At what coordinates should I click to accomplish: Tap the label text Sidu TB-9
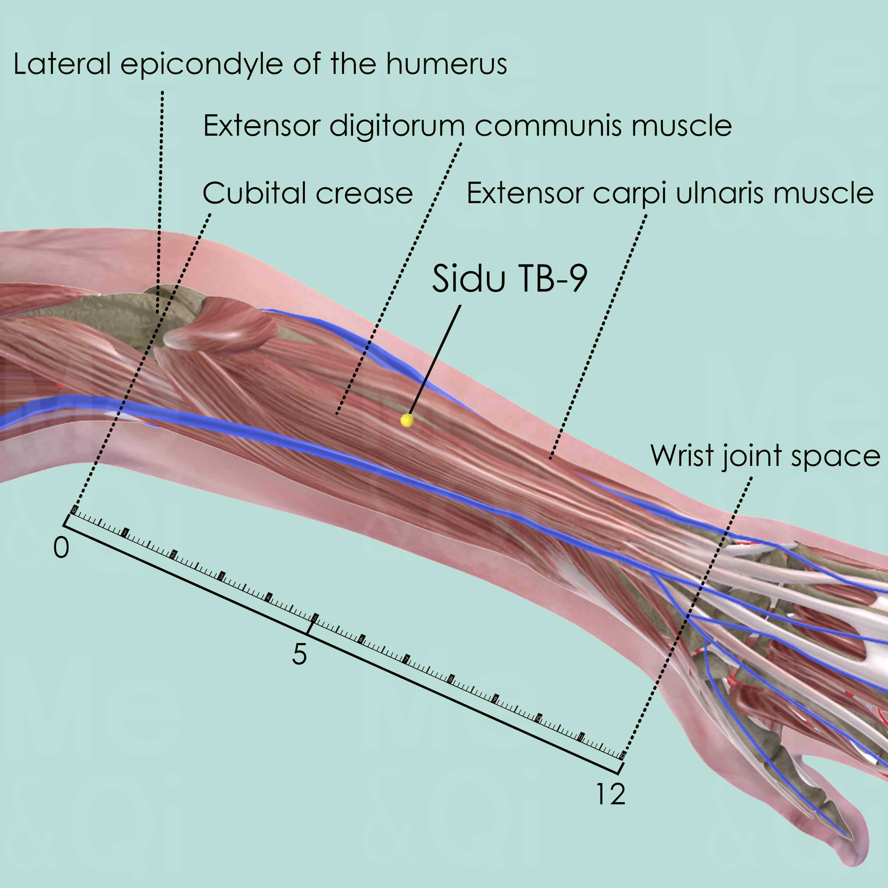(x=509, y=279)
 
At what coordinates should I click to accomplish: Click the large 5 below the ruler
(x=299, y=654)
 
